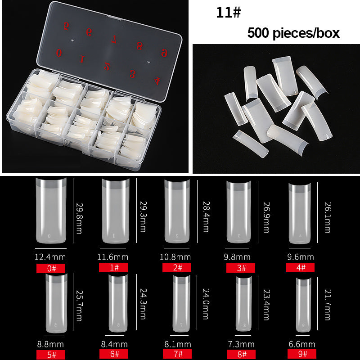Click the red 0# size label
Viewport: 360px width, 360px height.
tap(51, 268)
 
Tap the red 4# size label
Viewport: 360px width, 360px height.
tap(300, 267)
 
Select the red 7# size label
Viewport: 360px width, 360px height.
tap(177, 354)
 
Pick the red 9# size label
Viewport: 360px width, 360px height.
tap(301, 354)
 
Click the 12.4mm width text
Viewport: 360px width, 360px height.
tap(50, 257)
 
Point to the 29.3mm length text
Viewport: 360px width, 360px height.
tap(143, 217)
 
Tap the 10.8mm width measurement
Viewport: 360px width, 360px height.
tap(175, 257)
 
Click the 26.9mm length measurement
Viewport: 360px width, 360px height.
tap(266, 217)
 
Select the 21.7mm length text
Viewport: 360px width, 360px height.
tap(328, 305)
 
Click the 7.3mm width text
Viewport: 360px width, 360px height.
tap(241, 344)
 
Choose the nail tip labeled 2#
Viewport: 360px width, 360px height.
tap(177, 211)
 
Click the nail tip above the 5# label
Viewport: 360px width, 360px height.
tap(57, 303)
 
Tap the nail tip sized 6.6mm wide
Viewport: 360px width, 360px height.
tap(303, 305)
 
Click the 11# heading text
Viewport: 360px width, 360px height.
tap(229, 13)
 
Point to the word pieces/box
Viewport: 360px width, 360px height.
tap(306, 33)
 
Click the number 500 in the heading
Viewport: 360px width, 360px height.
tap(258, 33)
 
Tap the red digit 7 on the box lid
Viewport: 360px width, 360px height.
tap(114, 40)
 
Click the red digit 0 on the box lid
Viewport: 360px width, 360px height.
tap(59, 53)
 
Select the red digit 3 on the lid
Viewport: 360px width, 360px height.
tap(132, 74)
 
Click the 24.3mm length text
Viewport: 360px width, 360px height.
tap(143, 304)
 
